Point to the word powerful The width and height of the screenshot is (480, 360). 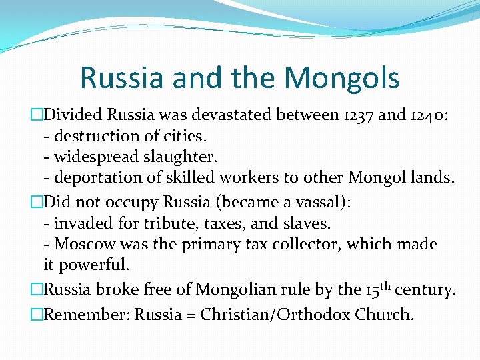pyautogui.click(x=94, y=265)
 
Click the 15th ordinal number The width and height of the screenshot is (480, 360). pyautogui.click(x=377, y=289)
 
